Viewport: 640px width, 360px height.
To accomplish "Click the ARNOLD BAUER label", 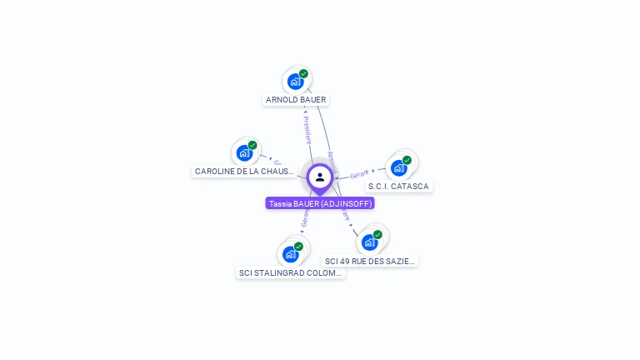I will click(296, 100).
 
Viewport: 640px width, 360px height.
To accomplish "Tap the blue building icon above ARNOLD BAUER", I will click(294, 82).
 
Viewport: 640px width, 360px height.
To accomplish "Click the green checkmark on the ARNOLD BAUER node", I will click(303, 73).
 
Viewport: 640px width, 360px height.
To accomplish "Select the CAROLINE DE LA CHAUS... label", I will click(244, 172).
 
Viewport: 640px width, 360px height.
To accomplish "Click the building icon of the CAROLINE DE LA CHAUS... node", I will click(243, 153).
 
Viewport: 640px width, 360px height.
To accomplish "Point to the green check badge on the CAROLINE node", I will click(252, 145).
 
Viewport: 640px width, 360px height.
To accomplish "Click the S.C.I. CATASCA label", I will click(398, 187).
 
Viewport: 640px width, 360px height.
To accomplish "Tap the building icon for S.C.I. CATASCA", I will click(398, 168).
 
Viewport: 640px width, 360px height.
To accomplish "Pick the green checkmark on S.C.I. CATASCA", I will click(407, 160).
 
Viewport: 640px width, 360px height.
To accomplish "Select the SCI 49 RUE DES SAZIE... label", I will click(370, 262).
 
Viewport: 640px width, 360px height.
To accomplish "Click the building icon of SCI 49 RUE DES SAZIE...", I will click(369, 242).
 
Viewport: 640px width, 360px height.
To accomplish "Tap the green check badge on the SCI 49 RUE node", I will click(377, 234).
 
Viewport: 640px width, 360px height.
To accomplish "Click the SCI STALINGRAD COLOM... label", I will click(290, 273).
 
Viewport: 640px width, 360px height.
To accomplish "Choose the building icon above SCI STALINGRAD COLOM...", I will click(290, 254).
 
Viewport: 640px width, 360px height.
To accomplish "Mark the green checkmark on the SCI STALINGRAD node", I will click(298, 246).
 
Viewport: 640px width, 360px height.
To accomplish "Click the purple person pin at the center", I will click(320, 177).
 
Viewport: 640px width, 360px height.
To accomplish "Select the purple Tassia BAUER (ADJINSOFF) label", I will click(320, 203).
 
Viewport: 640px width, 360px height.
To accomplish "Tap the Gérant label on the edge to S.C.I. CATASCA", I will click(359, 174).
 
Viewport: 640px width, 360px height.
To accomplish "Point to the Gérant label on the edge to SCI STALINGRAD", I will click(305, 219).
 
